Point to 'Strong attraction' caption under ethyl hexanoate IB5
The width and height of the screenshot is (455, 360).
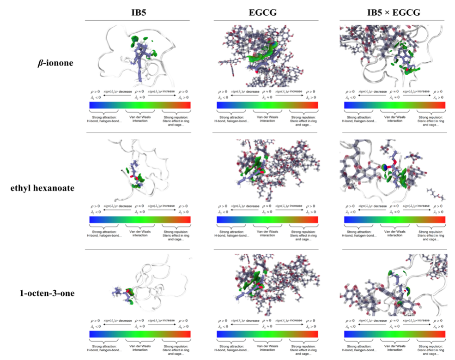click(106, 233)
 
